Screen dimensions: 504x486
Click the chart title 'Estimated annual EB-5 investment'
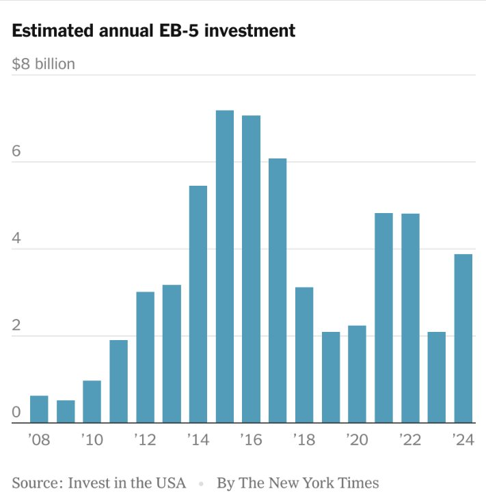154,31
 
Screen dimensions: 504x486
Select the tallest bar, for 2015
225,266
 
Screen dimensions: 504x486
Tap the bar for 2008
39,409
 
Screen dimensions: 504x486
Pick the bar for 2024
463,338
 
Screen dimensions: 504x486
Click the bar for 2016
252,269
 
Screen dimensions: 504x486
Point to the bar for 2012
145,357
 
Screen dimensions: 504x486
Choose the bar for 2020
357,374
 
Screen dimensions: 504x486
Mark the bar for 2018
304,355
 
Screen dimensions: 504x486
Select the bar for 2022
410,318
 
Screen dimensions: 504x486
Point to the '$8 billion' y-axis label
44,64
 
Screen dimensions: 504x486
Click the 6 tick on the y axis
17,151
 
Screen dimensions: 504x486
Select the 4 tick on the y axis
17,238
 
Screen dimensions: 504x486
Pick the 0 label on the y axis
17,412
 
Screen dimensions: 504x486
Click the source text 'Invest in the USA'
126,483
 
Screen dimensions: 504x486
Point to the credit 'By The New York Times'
297,483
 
